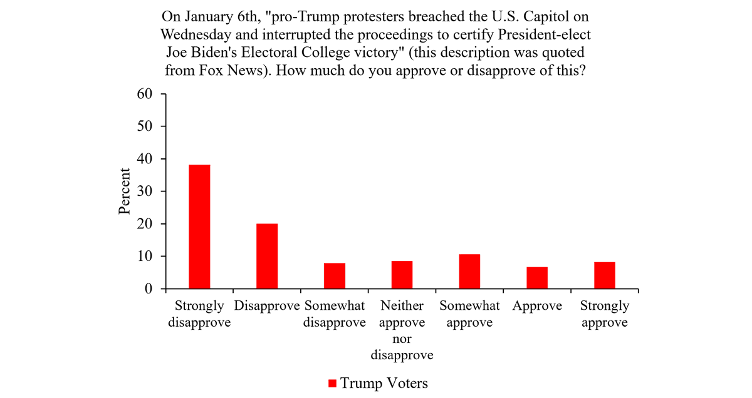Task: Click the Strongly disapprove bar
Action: tap(199, 227)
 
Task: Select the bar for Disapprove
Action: tap(267, 257)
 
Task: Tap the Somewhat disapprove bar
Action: tap(335, 276)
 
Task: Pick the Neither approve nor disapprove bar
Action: tap(402, 275)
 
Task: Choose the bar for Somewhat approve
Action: tap(469, 272)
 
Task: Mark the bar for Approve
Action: tap(537, 278)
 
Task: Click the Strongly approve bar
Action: tap(605, 275)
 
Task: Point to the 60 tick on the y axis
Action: tap(145, 94)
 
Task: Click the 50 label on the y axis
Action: tap(145, 126)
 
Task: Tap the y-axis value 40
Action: tap(145, 159)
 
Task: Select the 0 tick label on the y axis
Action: tap(149, 289)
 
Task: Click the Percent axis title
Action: tap(125, 191)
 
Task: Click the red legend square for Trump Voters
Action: tap(332, 383)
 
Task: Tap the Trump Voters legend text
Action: tap(384, 383)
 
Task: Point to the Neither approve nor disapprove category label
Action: tap(402, 330)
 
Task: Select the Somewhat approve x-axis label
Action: tap(469, 314)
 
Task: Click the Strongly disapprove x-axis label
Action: tap(199, 314)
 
